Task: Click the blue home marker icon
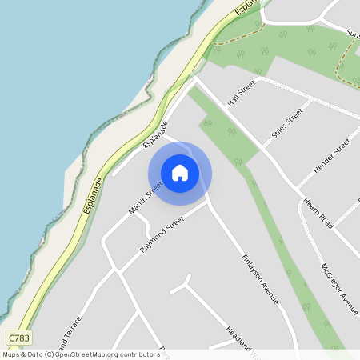pyautogui.click(x=180, y=173)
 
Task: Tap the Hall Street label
pyautogui.click(x=242, y=93)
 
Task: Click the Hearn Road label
pyautogui.click(x=318, y=212)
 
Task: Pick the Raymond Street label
pyautogui.click(x=162, y=234)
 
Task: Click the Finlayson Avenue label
pyautogui.click(x=260, y=278)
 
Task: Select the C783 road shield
pyautogui.click(x=19, y=338)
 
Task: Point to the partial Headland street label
pyautogui.click(x=238, y=337)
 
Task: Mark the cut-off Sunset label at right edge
pyautogui.click(x=352, y=34)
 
